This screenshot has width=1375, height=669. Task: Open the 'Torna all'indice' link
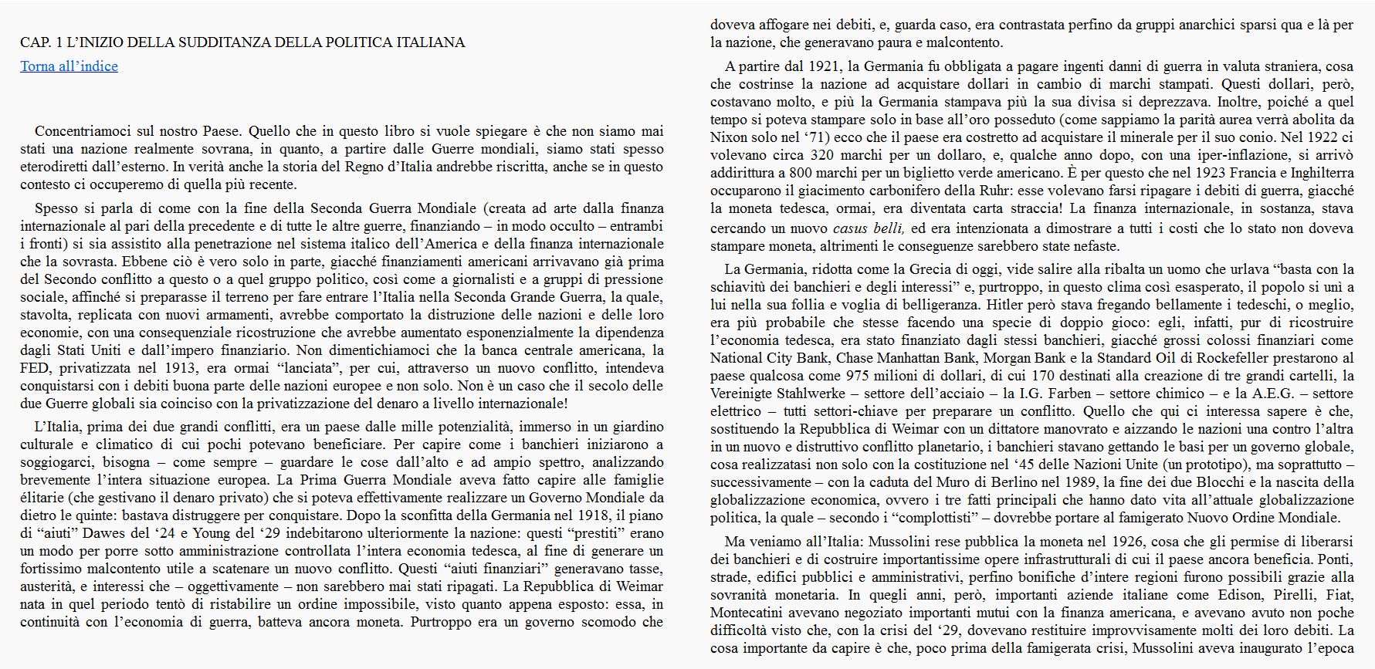point(69,66)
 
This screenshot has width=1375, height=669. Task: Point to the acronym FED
point(34,368)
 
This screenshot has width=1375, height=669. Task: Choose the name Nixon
point(730,137)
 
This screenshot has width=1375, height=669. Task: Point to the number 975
point(865,376)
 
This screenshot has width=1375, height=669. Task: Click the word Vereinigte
point(741,394)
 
